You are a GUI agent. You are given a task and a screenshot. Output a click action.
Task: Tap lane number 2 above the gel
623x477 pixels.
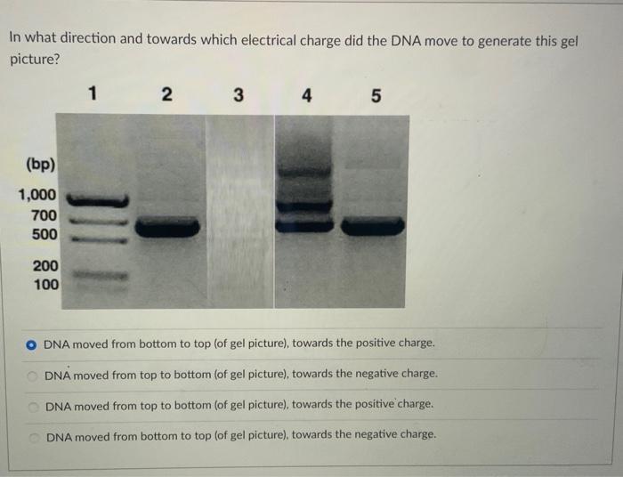166,94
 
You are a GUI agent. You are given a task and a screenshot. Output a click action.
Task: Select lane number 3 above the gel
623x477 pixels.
237,94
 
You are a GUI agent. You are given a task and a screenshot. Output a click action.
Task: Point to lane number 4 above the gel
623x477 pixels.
306,94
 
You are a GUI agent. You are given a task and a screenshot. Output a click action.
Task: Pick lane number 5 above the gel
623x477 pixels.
375,94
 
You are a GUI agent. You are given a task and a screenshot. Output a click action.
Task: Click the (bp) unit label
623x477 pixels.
40,165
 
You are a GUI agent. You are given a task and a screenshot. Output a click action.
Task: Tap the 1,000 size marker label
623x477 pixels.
36,195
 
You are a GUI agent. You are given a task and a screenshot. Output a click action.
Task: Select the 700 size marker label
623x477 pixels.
44,215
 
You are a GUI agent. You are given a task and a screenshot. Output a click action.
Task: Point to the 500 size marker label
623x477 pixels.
44,235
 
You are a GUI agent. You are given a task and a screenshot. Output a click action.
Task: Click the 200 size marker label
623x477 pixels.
45,265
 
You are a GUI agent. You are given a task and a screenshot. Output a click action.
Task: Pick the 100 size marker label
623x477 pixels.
45,285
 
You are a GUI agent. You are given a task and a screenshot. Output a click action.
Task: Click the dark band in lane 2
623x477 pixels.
166,228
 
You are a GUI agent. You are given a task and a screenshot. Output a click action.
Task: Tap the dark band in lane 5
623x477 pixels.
372,228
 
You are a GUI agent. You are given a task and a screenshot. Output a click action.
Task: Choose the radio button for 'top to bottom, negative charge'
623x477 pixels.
32,375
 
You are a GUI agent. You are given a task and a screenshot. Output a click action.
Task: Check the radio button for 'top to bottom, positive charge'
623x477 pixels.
32,405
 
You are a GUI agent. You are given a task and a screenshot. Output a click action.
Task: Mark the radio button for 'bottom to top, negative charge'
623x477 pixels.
32,435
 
